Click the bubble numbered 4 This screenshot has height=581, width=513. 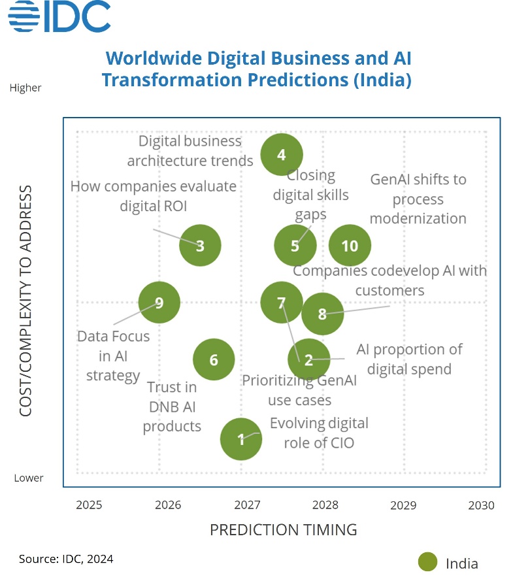[x=282, y=155]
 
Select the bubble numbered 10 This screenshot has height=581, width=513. [x=350, y=246]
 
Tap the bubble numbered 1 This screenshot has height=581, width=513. [x=241, y=439]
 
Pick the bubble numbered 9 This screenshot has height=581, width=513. [x=159, y=303]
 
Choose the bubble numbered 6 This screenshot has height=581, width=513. [x=214, y=359]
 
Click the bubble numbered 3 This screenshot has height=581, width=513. [x=200, y=246]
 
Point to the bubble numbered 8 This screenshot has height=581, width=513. [x=322, y=314]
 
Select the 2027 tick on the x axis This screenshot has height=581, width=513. [x=247, y=505]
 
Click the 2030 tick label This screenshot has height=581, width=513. [x=482, y=505]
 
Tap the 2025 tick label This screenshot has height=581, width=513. [x=89, y=505]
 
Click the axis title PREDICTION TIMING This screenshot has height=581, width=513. [x=283, y=529]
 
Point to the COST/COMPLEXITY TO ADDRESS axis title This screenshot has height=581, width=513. [x=26, y=301]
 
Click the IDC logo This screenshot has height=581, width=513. [x=59, y=17]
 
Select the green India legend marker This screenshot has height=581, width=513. [x=428, y=562]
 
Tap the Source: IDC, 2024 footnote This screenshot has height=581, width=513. [x=66, y=559]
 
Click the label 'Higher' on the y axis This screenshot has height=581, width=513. [x=25, y=88]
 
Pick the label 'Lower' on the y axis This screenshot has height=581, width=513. [x=29, y=478]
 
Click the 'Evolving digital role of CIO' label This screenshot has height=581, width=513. [x=319, y=433]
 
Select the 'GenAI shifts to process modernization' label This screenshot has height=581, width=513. [x=418, y=199]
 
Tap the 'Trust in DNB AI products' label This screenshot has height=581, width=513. [x=172, y=407]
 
